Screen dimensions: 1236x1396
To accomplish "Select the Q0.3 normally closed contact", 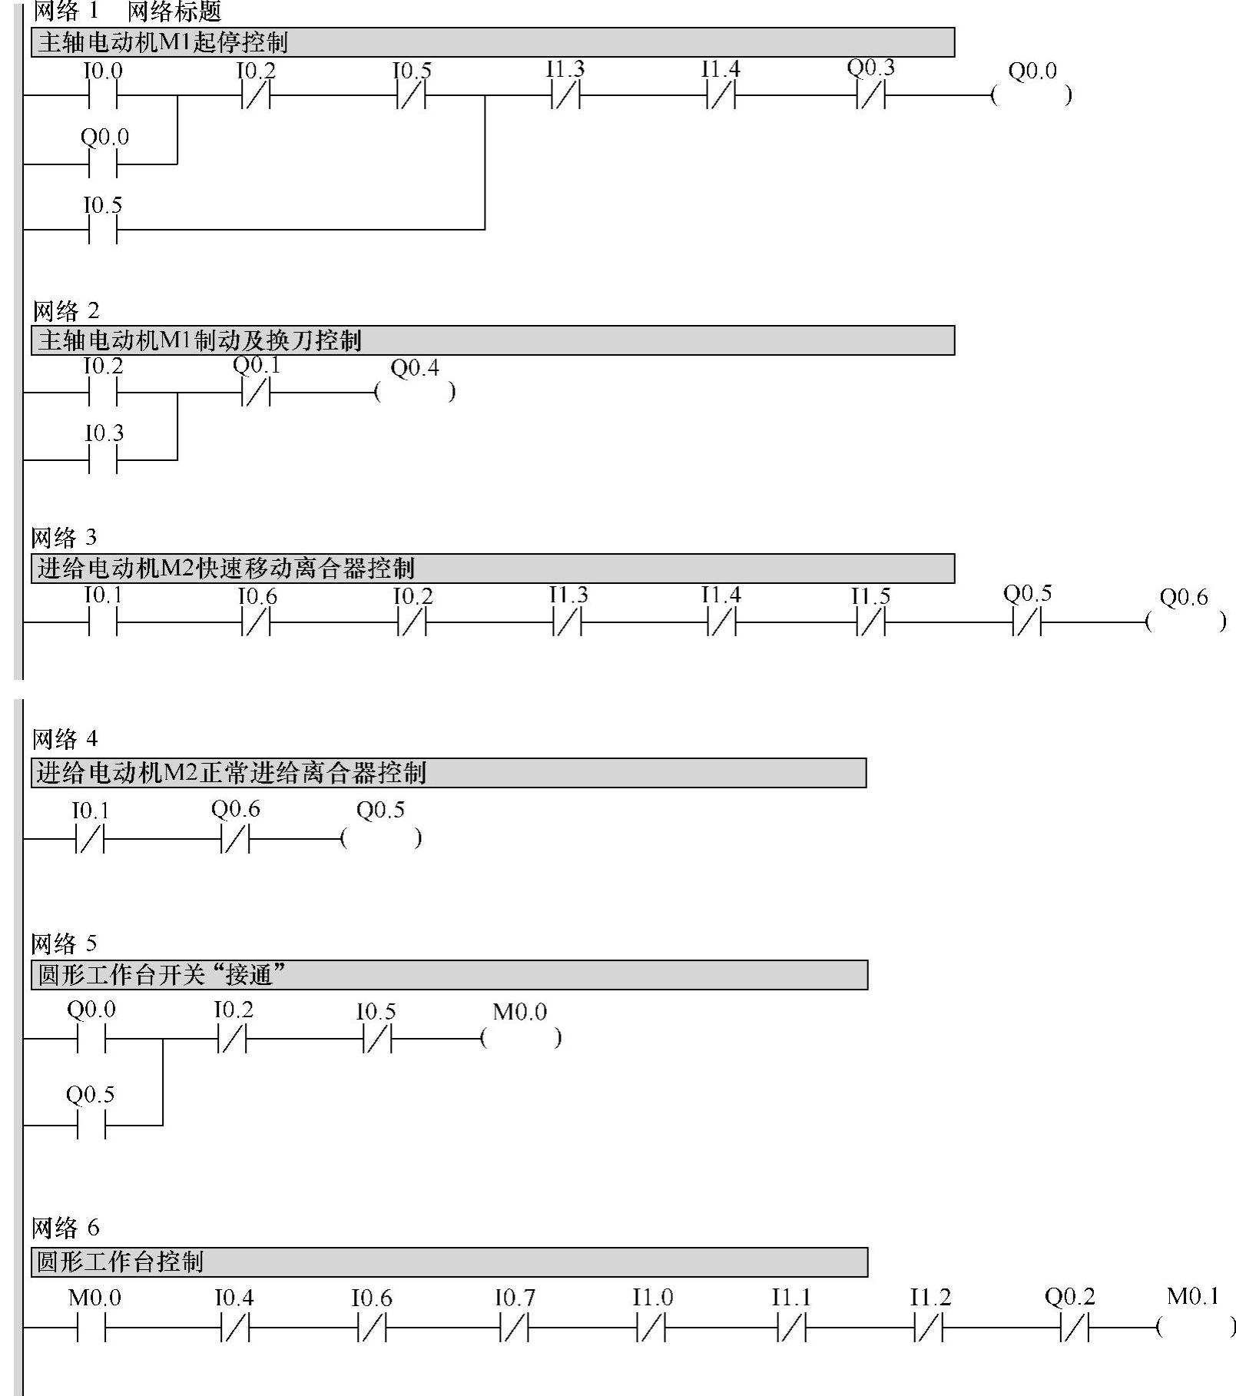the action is [x=871, y=95].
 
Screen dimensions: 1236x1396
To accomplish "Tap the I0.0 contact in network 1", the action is [x=103, y=95].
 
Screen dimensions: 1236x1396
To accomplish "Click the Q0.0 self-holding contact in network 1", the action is [x=103, y=164].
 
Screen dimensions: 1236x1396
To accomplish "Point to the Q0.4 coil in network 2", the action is [x=415, y=393].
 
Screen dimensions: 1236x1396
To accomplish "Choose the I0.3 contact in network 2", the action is [x=103, y=460].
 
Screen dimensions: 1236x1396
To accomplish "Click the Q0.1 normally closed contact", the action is [x=257, y=393].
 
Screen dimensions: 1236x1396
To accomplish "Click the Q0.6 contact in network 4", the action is [x=236, y=839].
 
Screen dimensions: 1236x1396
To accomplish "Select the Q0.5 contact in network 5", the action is [x=91, y=1126].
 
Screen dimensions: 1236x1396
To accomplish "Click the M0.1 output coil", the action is [x=1195, y=1327].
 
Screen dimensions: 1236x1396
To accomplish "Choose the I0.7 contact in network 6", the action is [x=514, y=1327].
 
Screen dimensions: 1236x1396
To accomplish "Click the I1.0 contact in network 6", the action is [x=651, y=1327].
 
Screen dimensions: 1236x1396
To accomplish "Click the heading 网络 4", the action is [x=65, y=739].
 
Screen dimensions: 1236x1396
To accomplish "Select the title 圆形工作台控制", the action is [x=121, y=1262].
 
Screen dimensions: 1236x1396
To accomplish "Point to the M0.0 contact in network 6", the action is [x=91, y=1327].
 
